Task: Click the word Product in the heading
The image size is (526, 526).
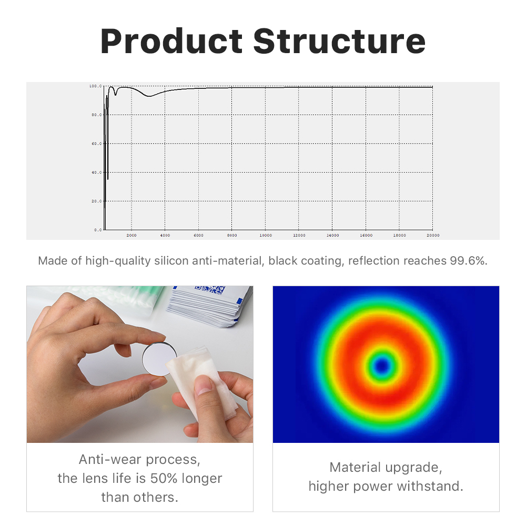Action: (x=171, y=41)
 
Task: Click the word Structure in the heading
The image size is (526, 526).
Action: (x=339, y=41)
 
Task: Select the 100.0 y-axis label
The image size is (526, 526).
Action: (x=95, y=86)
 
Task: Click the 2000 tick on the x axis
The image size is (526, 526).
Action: (x=131, y=235)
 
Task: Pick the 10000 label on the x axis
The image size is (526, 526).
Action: (x=266, y=235)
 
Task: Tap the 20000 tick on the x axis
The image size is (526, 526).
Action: (x=433, y=235)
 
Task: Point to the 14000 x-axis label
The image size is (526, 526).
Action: (x=332, y=235)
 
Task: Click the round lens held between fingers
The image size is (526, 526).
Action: (x=159, y=359)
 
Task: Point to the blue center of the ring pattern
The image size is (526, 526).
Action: (x=382, y=366)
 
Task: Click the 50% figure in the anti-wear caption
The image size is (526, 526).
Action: (x=164, y=478)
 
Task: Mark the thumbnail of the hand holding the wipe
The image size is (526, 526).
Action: (x=140, y=365)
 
